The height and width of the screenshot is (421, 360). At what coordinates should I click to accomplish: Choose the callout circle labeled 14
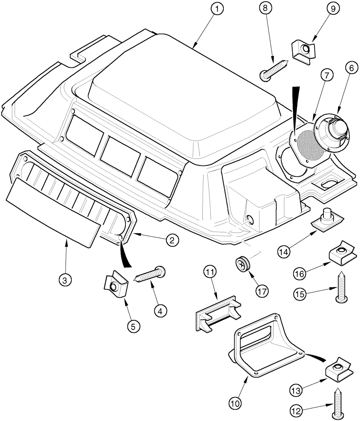(x=284, y=252)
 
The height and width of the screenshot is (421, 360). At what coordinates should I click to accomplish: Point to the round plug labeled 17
(x=243, y=264)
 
